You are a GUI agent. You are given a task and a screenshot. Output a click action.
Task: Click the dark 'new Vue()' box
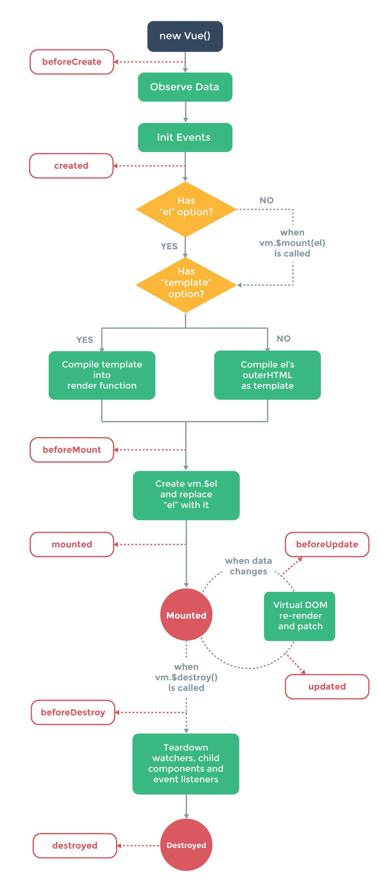[185, 36]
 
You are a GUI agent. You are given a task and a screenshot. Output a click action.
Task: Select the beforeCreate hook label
[72, 62]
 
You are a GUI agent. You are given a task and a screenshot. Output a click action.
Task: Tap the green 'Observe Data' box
[185, 87]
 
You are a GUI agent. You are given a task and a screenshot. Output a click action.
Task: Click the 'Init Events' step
[185, 137]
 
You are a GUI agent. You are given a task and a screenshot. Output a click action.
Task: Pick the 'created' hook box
[71, 166]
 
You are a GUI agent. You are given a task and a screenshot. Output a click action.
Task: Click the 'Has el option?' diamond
[186, 209]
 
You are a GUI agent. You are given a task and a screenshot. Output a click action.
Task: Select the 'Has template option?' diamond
[186, 284]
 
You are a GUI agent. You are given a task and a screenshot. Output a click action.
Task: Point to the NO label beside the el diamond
[266, 200]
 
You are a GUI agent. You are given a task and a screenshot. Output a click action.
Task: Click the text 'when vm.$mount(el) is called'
[292, 243]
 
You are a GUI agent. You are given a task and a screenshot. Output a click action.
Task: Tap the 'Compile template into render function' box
[102, 375]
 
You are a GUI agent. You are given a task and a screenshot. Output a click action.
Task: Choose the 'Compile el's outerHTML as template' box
[267, 375]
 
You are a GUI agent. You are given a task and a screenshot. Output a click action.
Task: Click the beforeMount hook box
[72, 450]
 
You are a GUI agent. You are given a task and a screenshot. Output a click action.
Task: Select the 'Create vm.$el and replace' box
[186, 495]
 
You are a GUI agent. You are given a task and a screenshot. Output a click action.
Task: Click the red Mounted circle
[186, 615]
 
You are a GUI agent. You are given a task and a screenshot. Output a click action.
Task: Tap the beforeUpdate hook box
[327, 544]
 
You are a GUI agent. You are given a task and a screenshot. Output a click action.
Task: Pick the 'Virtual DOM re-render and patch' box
[300, 616]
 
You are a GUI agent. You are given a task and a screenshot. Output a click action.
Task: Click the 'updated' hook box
[327, 686]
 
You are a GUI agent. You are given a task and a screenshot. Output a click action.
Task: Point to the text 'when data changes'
[248, 566]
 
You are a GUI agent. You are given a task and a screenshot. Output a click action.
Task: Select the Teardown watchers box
[186, 763]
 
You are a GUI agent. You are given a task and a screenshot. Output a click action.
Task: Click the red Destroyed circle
[186, 845]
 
